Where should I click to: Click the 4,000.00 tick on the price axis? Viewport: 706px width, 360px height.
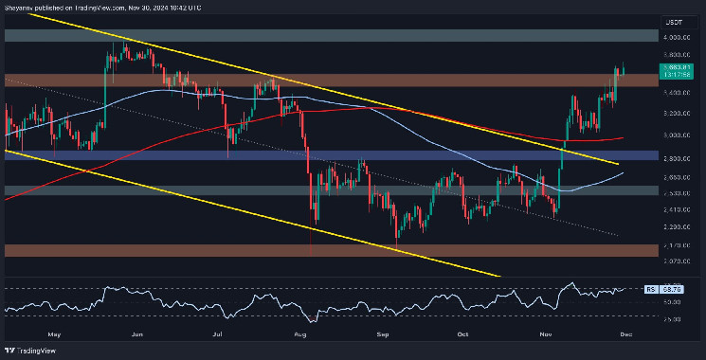tap(674, 36)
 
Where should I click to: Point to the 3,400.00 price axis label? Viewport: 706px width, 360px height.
tap(674, 92)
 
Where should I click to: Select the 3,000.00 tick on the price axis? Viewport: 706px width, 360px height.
tap(674, 135)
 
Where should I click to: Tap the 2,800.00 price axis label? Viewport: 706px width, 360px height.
tap(674, 156)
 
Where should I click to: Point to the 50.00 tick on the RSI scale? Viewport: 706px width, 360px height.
tap(674, 300)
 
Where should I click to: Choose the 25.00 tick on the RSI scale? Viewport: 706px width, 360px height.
tap(674, 319)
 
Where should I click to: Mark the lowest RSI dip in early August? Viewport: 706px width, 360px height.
tap(311, 320)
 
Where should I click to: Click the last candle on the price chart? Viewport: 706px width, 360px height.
tap(623, 68)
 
